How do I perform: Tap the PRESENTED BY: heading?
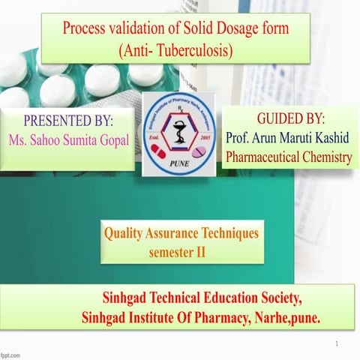(x=68, y=121)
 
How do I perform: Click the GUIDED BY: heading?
(x=290, y=118)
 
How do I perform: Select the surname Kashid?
(x=330, y=139)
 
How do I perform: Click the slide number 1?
(x=338, y=343)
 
